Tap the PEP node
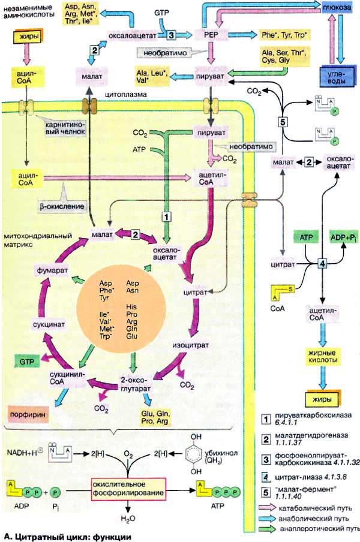pos(211,35)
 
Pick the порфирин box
pos(28,414)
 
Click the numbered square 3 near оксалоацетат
pos(171,35)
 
